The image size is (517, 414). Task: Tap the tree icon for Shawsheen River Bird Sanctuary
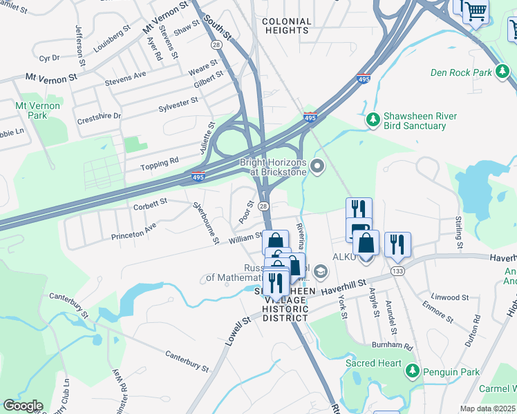tap(373, 121)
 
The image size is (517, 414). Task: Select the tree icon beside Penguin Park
tap(413, 372)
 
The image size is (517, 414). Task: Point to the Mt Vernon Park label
tap(37, 110)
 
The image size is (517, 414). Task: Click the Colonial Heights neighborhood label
tap(286, 26)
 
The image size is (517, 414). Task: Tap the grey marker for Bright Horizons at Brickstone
tap(318, 166)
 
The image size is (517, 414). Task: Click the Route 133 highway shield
tap(397, 270)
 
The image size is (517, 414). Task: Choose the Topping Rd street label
tap(160, 160)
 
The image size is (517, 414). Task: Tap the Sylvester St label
tap(178, 105)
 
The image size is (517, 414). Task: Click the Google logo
tap(23, 406)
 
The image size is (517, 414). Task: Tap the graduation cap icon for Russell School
tap(319, 271)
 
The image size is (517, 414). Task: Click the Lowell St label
tap(236, 332)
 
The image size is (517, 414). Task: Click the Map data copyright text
tap(487, 408)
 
